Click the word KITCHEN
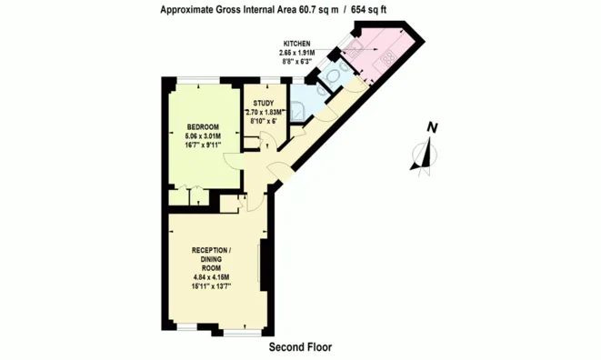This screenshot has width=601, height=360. point(297,44)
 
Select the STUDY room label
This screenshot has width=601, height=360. point(264,103)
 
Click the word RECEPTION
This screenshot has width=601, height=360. point(211,249)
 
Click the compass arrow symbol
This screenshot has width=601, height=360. point(423,155)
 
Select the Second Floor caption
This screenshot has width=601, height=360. point(300,347)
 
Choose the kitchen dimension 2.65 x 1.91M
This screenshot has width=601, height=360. point(296,53)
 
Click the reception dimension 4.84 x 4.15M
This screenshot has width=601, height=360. point(211,276)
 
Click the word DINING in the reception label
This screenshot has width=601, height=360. point(211,258)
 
